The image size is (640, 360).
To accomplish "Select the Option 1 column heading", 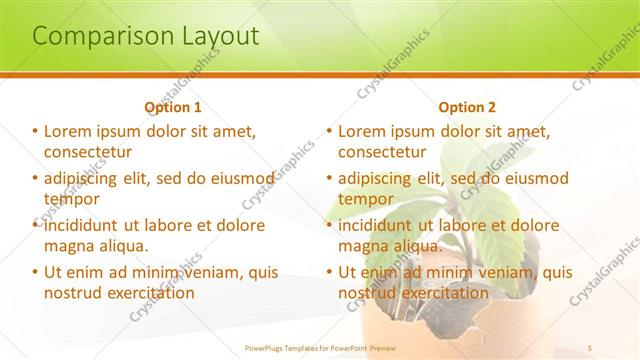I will tap(173, 107).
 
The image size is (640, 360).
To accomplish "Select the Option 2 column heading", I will tap(466, 107).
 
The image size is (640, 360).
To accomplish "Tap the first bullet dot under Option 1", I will tap(35, 131).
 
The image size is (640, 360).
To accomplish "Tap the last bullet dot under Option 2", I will tap(329, 272).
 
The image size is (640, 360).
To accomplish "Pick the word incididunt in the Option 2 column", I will tap(381, 226).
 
